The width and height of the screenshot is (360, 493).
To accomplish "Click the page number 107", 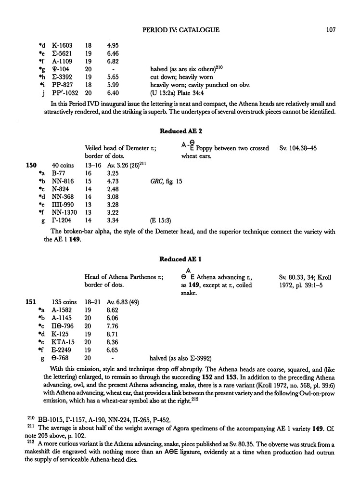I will click(x=330, y=30).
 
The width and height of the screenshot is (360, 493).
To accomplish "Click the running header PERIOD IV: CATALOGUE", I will click(x=181, y=30).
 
